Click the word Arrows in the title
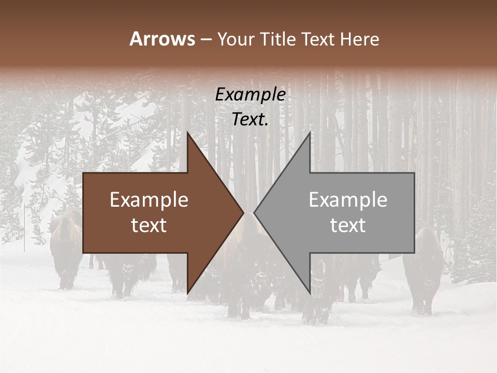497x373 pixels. tap(163, 39)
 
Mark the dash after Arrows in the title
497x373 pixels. tap(206, 39)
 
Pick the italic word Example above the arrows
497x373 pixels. tap(250, 95)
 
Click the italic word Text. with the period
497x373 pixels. tap(250, 120)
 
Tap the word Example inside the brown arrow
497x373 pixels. tap(149, 200)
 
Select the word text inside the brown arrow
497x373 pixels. tap(149, 225)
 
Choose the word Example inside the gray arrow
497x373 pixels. tap(348, 200)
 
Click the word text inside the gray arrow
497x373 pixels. tap(348, 225)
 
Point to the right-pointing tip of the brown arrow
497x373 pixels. tap(243, 212)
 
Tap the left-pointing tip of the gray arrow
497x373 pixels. tap(254, 212)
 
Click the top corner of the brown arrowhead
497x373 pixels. tap(187, 133)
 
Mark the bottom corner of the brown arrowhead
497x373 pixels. tap(187, 293)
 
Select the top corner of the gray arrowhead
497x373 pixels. tap(310, 133)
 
